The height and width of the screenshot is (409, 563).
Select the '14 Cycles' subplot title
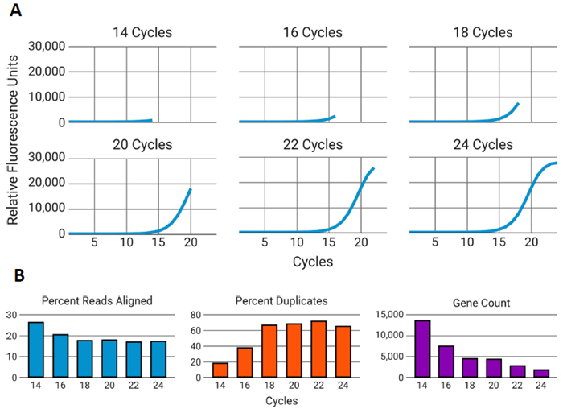[142, 33]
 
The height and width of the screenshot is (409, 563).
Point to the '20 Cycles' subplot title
[142, 145]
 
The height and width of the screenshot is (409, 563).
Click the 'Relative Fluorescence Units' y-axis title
[13, 134]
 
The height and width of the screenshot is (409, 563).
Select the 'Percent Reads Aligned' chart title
[97, 300]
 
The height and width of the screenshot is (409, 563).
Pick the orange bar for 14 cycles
[220, 370]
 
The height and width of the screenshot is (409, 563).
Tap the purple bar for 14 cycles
[421, 349]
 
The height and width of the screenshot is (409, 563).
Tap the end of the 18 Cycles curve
[519, 103]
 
